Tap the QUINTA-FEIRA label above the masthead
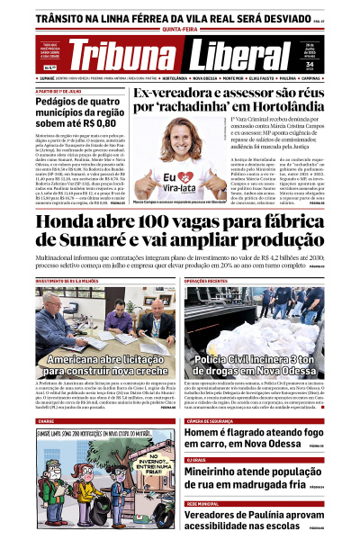click(180, 27)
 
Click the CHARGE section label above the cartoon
click(46, 420)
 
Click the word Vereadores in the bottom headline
click(224, 515)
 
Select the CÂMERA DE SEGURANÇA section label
click(215, 420)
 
